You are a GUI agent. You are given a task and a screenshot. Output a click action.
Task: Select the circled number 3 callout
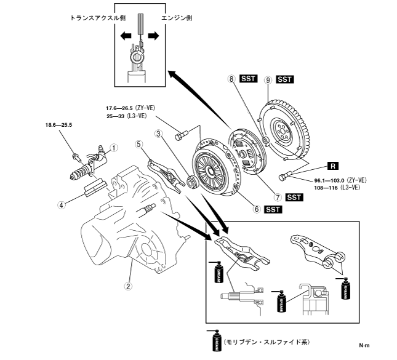[x=158, y=134]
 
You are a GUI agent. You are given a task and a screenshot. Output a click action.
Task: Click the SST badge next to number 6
[x=273, y=210]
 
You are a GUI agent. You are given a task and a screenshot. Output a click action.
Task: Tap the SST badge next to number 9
[x=286, y=79]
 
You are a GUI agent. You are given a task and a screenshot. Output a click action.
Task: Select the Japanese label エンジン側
[x=178, y=19]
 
